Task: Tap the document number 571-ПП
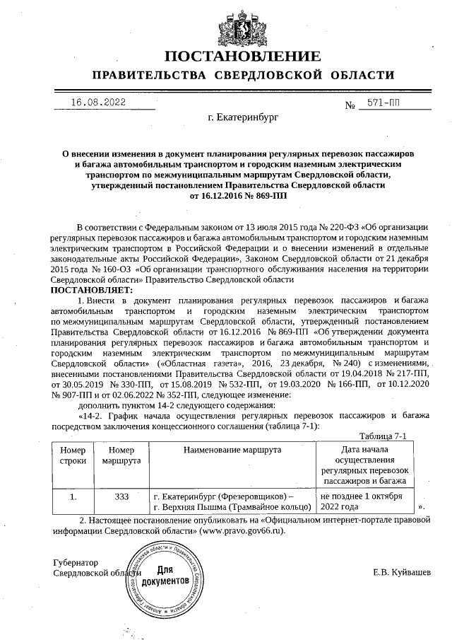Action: tap(386, 103)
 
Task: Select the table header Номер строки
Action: tap(73, 455)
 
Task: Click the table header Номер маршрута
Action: tap(121, 455)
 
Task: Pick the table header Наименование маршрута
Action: tap(232, 450)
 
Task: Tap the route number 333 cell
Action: tap(121, 496)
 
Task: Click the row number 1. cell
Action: tap(73, 496)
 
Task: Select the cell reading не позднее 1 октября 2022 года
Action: tap(361, 501)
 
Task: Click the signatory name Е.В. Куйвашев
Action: tap(401, 572)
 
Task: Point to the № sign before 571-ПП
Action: tap(350, 105)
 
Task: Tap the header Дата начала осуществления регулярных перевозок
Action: tap(364, 465)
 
